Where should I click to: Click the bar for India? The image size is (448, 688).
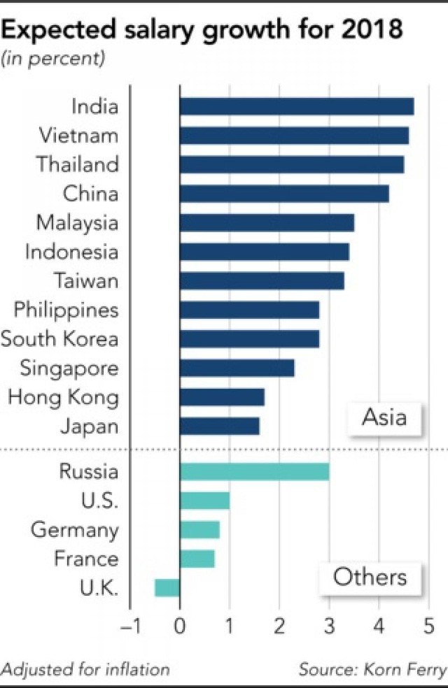click(296, 106)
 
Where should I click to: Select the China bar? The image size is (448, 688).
click(283, 194)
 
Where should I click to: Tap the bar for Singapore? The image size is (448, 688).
click(237, 368)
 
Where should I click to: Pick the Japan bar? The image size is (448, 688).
click(219, 426)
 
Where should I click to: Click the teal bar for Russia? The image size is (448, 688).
click(254, 471)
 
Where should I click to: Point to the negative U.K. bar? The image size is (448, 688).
click(167, 588)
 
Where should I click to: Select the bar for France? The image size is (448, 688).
click(197, 559)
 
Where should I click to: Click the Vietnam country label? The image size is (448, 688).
click(79, 136)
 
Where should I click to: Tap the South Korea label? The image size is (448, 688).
click(59, 339)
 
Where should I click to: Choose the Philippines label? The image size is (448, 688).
click(66, 310)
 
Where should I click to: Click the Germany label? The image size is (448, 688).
click(74, 530)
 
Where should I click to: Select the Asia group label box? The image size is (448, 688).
click(384, 418)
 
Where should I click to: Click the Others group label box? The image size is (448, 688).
click(370, 578)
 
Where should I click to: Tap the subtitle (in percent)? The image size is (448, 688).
click(53, 59)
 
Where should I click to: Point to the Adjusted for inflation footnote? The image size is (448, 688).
click(85, 669)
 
